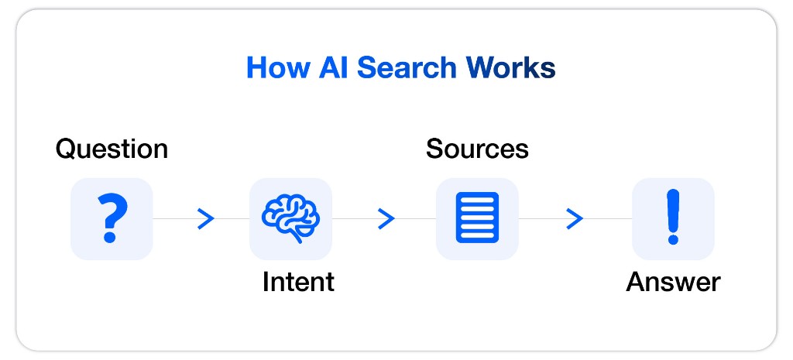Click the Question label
(x=112, y=148)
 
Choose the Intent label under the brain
(x=298, y=282)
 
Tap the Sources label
(x=477, y=148)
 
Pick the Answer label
(x=673, y=282)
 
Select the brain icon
(x=290, y=216)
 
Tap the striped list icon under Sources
(x=477, y=218)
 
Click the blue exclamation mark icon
(x=672, y=218)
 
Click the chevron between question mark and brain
(x=205, y=219)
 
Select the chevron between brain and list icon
(x=386, y=219)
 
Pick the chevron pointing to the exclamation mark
(x=574, y=219)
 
